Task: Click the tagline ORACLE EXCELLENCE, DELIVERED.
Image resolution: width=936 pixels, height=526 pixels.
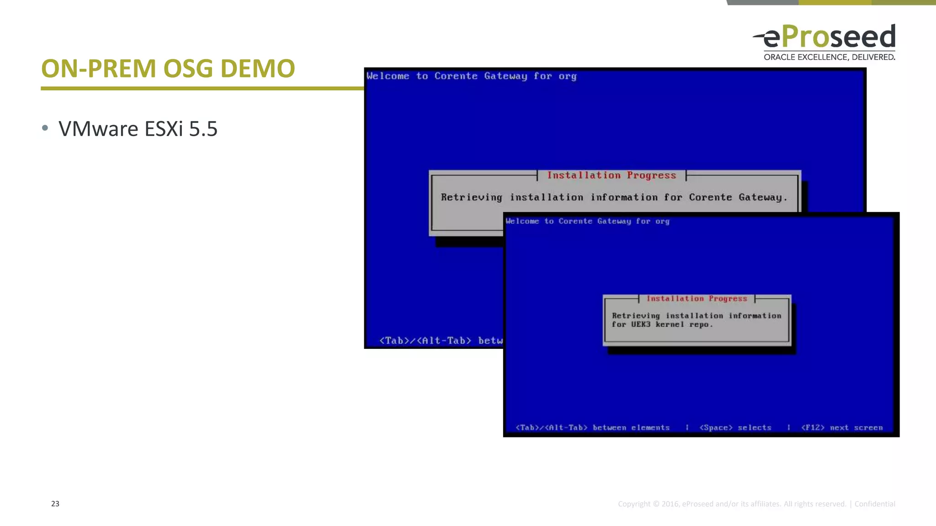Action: coord(829,57)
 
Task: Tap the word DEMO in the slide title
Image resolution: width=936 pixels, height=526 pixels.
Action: coord(257,68)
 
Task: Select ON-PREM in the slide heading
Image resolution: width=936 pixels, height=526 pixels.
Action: coord(98,68)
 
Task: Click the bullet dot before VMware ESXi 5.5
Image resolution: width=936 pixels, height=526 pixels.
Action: coord(45,128)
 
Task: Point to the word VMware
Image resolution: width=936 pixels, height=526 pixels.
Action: coord(98,129)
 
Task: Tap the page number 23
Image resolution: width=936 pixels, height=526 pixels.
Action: coord(55,504)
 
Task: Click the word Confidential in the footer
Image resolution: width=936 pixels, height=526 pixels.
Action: coord(875,504)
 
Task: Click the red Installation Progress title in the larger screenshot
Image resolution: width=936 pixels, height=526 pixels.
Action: coord(612,175)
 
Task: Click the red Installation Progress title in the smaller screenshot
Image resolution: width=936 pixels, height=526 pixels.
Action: coord(697,299)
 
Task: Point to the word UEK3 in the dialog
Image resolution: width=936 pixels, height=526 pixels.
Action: coord(641,325)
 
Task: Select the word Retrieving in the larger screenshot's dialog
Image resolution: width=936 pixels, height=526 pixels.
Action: coord(471,197)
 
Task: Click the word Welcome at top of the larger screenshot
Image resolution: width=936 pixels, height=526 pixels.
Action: coord(388,76)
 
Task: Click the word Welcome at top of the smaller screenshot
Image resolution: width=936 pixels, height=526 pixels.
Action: coord(522,221)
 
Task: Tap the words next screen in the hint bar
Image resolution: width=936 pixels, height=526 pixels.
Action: coord(856,428)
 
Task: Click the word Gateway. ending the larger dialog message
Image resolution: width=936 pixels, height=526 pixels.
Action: coord(763,197)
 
